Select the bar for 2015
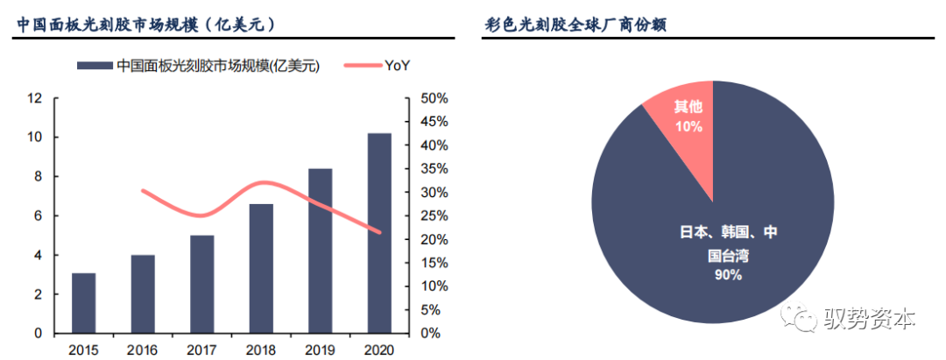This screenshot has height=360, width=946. tap(84, 303)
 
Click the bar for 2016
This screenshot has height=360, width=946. tap(143, 294)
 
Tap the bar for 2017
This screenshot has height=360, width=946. tap(201, 284)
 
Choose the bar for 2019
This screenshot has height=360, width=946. tap(320, 251)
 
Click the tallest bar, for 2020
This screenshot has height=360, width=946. tap(378, 233)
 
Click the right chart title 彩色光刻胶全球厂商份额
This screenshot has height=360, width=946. tap(575, 25)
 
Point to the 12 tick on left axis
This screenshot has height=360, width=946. tap(35, 98)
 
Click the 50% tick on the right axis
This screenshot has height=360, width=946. tap(434, 98)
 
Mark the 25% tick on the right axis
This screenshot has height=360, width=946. tap(434, 215)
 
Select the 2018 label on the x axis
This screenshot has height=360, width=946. tap(261, 349)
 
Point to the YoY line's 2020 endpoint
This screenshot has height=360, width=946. tap(378, 232)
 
